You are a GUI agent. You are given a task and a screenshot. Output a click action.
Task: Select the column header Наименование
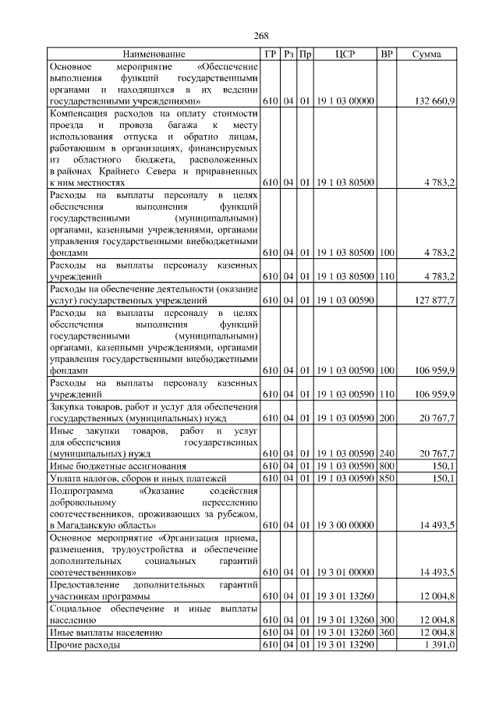tap(154, 55)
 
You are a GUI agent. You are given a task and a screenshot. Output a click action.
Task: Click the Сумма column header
tap(426, 55)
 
